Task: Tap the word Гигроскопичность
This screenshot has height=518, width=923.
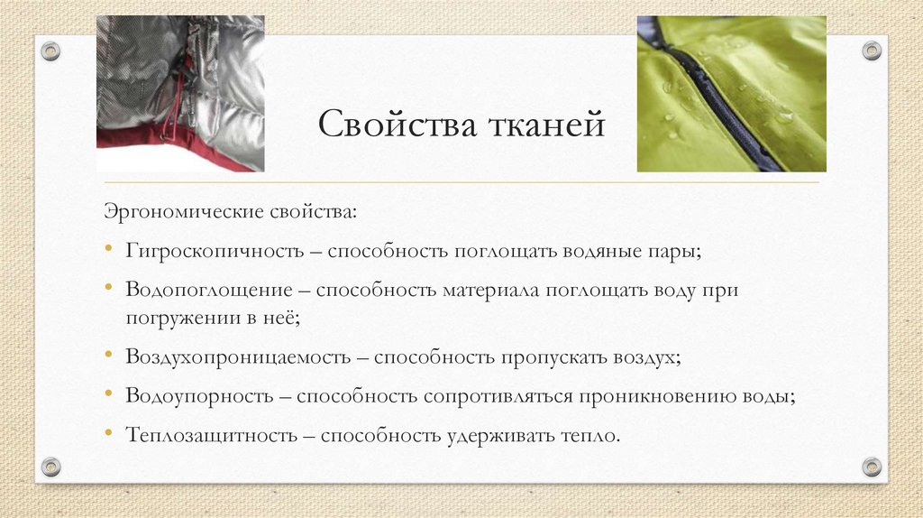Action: pyautogui.click(x=214, y=251)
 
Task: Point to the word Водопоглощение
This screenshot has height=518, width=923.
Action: pyautogui.click(x=209, y=291)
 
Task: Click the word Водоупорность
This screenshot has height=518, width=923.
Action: pyautogui.click(x=199, y=396)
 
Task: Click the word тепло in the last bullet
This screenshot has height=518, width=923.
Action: pyautogui.click(x=592, y=435)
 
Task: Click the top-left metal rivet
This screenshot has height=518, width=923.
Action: pyautogui.click(x=50, y=51)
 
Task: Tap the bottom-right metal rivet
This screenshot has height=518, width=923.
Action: pyautogui.click(x=871, y=466)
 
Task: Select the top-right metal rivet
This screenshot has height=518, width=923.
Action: pyautogui.click(x=871, y=51)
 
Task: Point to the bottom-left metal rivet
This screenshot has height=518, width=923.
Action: pyautogui.click(x=50, y=466)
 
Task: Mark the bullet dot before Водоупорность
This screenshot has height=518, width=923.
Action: pyautogui.click(x=108, y=395)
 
